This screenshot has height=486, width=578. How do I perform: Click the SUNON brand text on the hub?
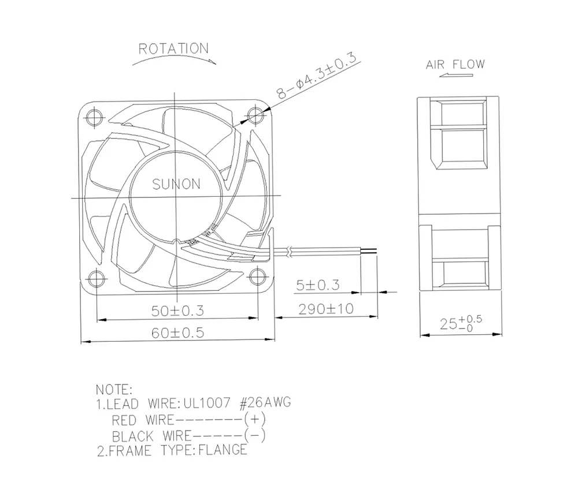[176, 184]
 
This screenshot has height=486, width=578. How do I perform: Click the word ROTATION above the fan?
[173, 48]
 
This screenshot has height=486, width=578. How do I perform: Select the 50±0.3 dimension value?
[178, 311]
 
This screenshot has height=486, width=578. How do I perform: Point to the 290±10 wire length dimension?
[326, 309]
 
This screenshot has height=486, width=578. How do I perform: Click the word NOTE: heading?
[113, 390]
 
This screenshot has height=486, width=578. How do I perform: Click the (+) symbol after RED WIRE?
[255, 418]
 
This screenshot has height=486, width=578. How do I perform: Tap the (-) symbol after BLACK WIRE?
[255, 434]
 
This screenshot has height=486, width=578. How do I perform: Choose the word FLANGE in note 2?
[223, 449]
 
